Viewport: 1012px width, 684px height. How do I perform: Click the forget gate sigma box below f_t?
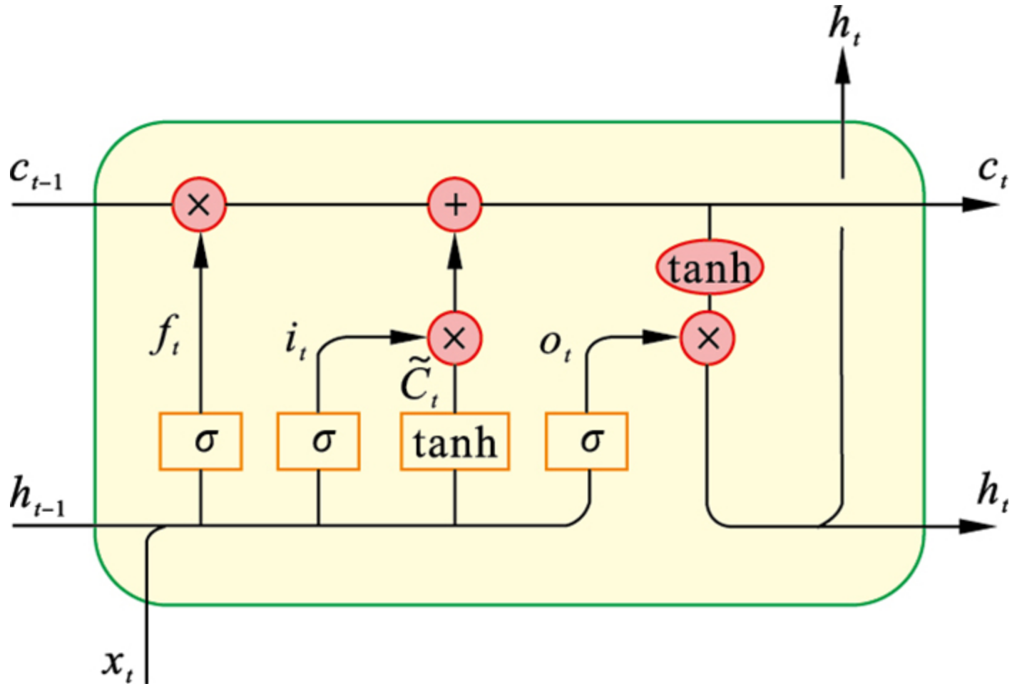point(200,441)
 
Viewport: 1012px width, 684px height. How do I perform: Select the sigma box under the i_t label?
point(318,441)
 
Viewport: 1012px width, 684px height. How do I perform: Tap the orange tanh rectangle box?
point(454,441)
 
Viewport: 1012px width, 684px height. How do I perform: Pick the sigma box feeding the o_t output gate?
point(586,441)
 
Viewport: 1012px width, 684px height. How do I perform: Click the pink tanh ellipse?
point(709,268)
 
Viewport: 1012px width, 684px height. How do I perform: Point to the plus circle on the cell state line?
point(454,205)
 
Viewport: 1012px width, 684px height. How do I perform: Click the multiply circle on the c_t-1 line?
point(199,205)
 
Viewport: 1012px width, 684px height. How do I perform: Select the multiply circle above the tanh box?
point(454,337)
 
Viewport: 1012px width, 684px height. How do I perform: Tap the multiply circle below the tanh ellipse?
point(707,337)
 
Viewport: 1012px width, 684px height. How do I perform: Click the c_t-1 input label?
point(36,173)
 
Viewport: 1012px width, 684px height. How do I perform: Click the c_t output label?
point(992,171)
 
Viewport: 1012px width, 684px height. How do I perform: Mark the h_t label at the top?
point(844,27)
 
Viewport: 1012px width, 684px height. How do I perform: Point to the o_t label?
point(555,345)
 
